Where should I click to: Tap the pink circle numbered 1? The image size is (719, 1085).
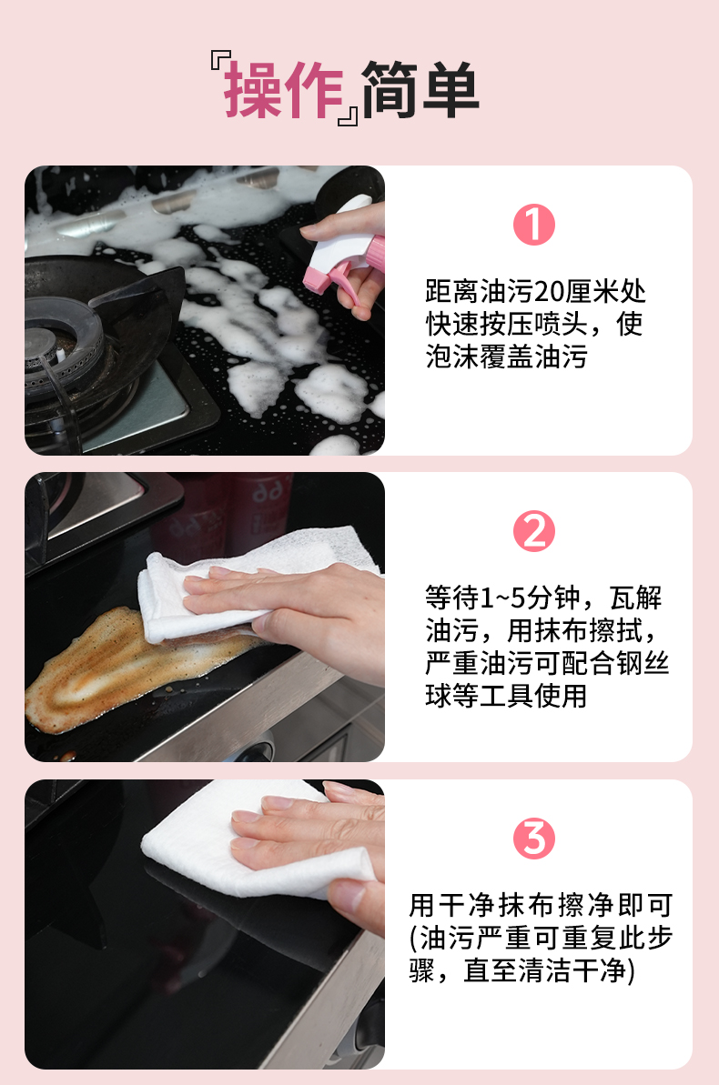click(x=534, y=225)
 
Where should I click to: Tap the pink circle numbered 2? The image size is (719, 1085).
click(x=534, y=531)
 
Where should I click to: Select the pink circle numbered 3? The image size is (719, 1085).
click(x=534, y=838)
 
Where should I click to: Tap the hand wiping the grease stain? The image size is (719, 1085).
click(x=291, y=609)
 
